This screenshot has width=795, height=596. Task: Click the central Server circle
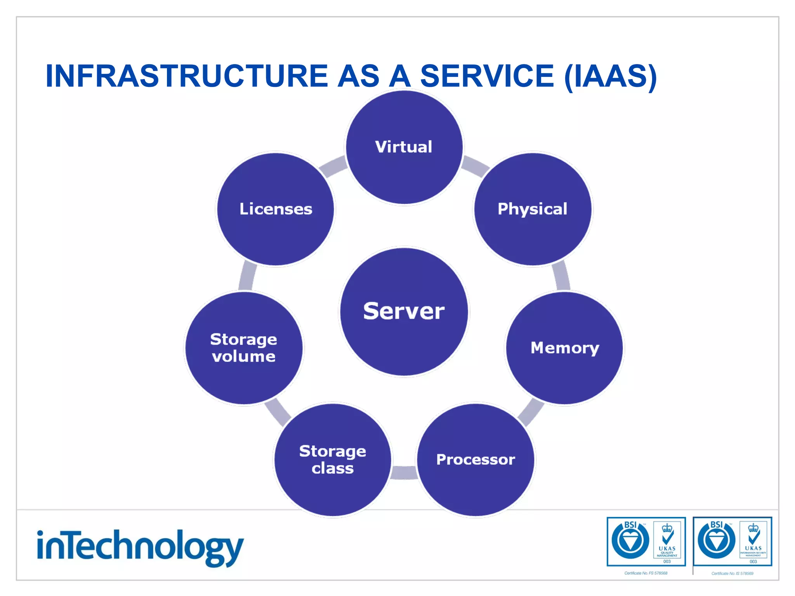pyautogui.click(x=404, y=312)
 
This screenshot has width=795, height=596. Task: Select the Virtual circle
pyautogui.click(x=404, y=147)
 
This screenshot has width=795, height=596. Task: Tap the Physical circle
pyautogui.click(x=533, y=209)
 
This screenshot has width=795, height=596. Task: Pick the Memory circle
pyautogui.click(x=565, y=348)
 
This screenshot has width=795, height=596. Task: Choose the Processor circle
pyautogui.click(x=476, y=460)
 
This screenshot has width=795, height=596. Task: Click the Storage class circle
pyautogui.click(x=333, y=460)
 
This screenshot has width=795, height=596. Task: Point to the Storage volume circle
pyautogui.click(x=244, y=348)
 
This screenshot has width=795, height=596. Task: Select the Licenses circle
pyautogui.click(x=276, y=209)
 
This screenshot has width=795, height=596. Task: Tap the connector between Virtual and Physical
pyautogui.click(x=475, y=166)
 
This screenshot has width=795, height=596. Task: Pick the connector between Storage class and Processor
pyautogui.click(x=404, y=473)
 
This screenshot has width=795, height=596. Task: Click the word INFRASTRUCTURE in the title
pyautogui.click(x=187, y=76)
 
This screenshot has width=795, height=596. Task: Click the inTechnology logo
pyautogui.click(x=140, y=547)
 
